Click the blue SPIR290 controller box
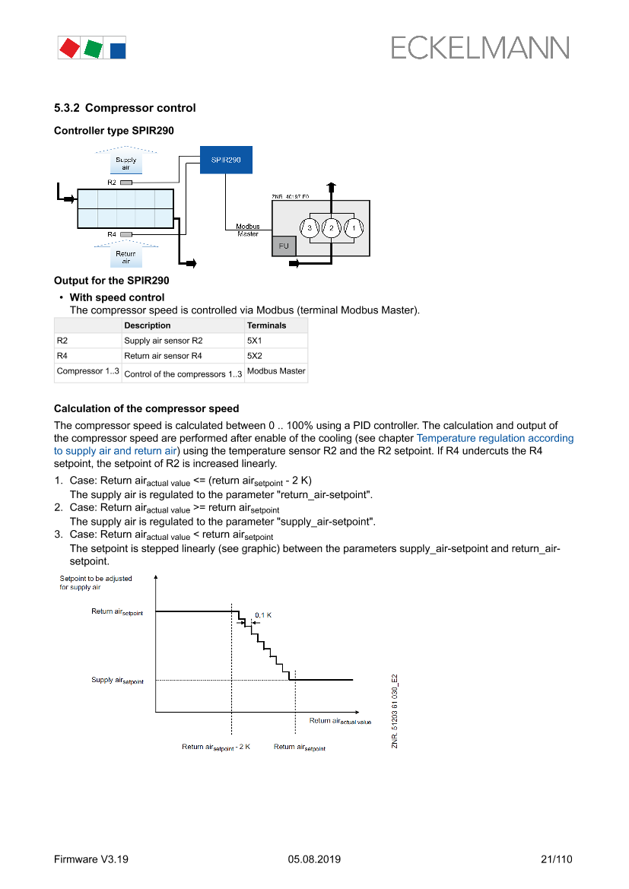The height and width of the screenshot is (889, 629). [226, 160]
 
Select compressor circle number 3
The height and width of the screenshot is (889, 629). [310, 227]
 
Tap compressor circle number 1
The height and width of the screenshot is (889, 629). [354, 227]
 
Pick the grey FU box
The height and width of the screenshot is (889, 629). [284, 246]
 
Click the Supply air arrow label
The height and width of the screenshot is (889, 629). [125, 164]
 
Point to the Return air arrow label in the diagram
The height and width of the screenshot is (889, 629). [125, 257]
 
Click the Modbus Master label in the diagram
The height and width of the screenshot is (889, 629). [247, 230]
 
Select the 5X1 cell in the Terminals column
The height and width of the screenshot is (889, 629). [255, 341]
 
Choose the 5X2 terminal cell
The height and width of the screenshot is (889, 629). [255, 356]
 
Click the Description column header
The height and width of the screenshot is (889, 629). [148, 325]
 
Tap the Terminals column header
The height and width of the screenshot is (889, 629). [266, 325]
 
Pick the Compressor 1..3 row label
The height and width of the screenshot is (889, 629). [87, 372]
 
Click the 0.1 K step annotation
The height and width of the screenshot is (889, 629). [263, 614]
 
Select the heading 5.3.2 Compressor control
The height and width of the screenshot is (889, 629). [125, 108]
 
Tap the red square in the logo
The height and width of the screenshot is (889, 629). [69, 48]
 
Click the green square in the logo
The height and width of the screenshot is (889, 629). [94, 49]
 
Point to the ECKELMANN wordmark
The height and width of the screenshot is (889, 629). [480, 48]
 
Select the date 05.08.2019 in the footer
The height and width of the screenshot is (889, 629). [314, 859]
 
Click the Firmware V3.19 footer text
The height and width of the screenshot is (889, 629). [91, 859]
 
